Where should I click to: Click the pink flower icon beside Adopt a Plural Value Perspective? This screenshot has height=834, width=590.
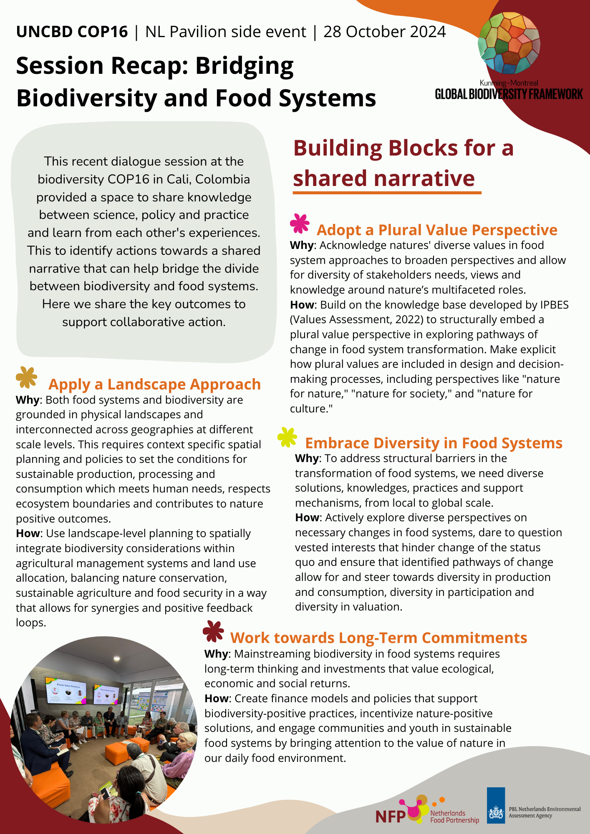[300, 224]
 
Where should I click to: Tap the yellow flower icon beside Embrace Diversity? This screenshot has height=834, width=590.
[287, 437]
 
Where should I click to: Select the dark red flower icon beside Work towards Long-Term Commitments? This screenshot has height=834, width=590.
[213, 631]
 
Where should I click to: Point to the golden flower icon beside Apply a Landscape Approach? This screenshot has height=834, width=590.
[26, 377]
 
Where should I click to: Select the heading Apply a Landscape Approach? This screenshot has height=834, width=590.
[154, 384]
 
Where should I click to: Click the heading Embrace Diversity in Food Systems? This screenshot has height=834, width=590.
[434, 443]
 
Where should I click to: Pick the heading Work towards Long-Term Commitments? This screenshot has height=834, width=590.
[378, 638]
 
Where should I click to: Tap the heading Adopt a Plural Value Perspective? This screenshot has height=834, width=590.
[437, 230]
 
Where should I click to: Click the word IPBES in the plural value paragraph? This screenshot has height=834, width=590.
[554, 305]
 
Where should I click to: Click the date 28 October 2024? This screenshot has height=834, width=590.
[384, 32]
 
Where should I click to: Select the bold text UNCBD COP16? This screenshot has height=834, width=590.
[72, 32]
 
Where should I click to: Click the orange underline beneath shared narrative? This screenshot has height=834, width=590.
[387, 193]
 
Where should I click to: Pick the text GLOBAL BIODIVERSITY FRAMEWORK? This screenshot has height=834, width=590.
[509, 94]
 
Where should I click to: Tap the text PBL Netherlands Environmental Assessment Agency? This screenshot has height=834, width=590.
[544, 812]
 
